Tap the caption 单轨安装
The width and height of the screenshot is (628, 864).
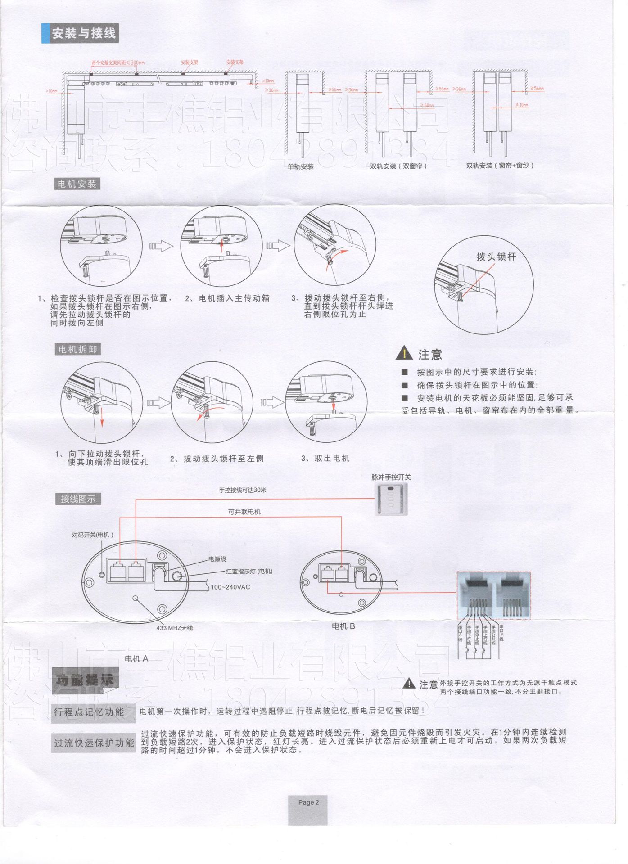tap(301, 167)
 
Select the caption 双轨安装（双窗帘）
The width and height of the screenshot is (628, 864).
tap(398, 166)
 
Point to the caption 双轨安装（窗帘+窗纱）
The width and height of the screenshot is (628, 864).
tap(500, 166)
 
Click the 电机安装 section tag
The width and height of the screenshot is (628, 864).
tap(77, 184)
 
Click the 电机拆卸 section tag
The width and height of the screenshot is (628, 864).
tap(77, 350)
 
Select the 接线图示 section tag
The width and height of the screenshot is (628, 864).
tap(78, 499)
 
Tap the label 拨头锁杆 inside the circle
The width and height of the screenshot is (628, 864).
tap(496, 257)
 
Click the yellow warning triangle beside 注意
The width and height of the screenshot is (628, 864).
tap(404, 354)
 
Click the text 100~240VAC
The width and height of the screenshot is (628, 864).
tap(230, 587)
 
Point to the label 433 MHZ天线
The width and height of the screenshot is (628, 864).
tap(174, 628)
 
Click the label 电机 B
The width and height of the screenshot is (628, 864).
tap(343, 626)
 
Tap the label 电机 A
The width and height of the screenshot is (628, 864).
tap(136, 658)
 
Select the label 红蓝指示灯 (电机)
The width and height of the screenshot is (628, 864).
tap(249, 571)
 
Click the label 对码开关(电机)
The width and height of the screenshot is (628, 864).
tap(93, 535)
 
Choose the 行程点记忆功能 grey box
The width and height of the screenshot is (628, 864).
tap(89, 712)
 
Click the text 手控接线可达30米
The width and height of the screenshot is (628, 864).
tap(243, 490)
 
